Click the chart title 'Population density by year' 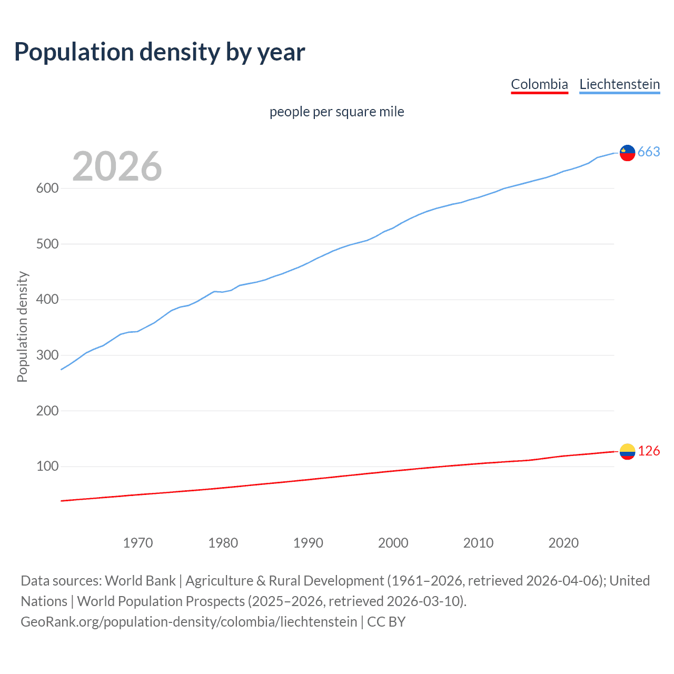(160, 52)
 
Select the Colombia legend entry (539, 84)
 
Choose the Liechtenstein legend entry (619, 84)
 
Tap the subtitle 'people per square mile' (336, 112)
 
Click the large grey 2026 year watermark (117, 166)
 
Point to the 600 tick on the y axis (47, 189)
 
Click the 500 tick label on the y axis (47, 244)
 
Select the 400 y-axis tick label (47, 300)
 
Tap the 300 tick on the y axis (47, 355)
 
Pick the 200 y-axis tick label (47, 411)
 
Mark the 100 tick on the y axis (47, 467)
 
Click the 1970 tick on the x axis (138, 543)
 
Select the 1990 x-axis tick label (308, 543)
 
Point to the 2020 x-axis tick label (563, 543)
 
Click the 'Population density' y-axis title (22, 326)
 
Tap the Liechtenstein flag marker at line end (627, 153)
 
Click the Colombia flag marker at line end (627, 451)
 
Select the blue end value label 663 (649, 152)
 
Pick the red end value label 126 (649, 451)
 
